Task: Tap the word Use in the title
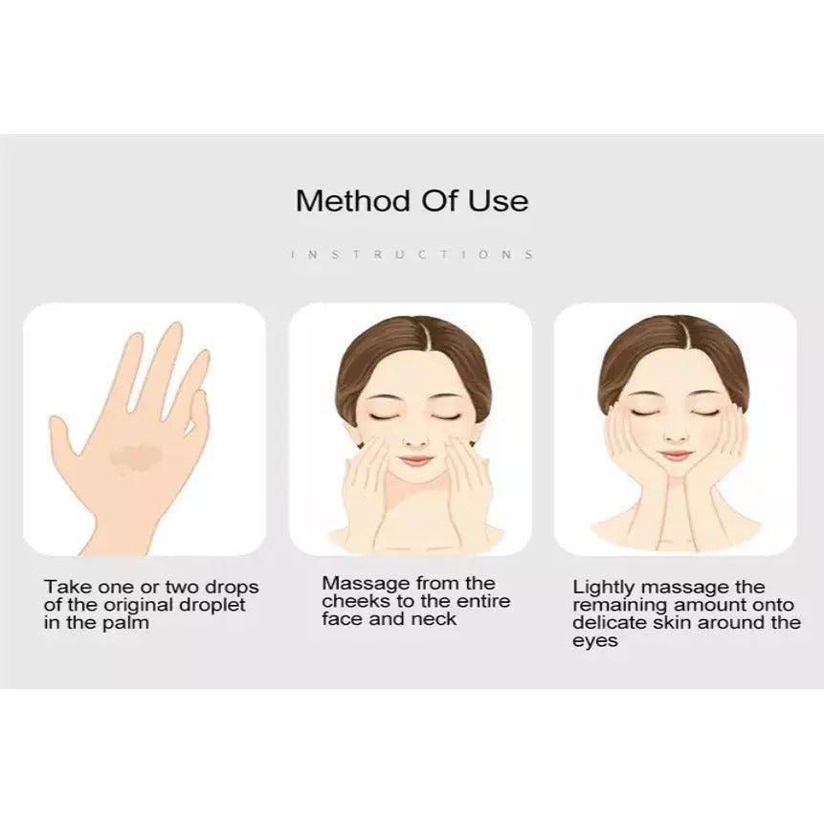(499, 201)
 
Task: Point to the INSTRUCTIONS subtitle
(412, 255)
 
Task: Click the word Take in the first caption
(68, 587)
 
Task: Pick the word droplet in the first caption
(212, 605)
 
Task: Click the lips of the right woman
(676, 456)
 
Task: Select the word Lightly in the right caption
(604, 588)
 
